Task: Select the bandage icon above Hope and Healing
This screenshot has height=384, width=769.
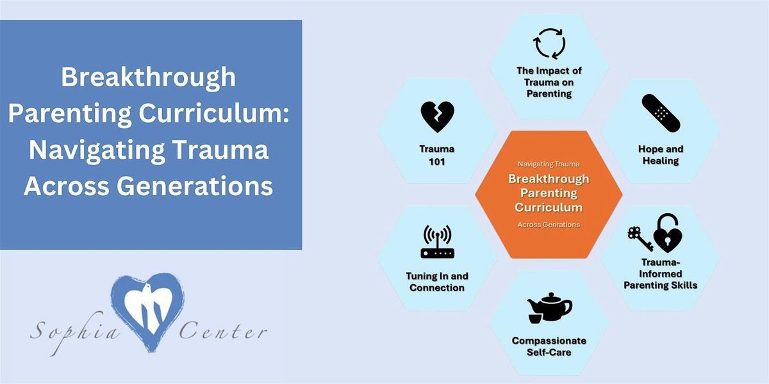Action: (660, 114)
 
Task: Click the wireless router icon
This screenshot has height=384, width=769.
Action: (437, 241)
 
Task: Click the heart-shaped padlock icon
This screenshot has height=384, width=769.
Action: (667, 233)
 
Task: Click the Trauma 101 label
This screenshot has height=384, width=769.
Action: (437, 155)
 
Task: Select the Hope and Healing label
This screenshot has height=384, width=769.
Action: (660, 155)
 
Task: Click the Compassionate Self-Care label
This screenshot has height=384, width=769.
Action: (549, 346)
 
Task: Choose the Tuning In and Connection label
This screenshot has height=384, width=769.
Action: (437, 282)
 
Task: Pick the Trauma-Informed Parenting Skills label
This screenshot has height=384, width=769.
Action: (660, 273)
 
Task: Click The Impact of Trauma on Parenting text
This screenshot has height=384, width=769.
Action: (549, 82)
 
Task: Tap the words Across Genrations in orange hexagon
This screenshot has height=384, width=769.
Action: (549, 225)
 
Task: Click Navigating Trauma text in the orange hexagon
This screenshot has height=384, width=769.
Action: (549, 164)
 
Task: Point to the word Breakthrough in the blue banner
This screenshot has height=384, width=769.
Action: (149, 78)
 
